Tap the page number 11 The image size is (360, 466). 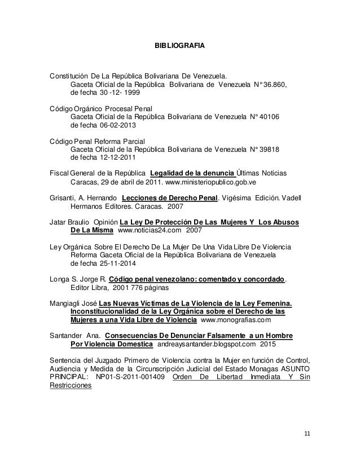tap(307, 433)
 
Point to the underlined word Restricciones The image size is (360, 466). tap(71, 386)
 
